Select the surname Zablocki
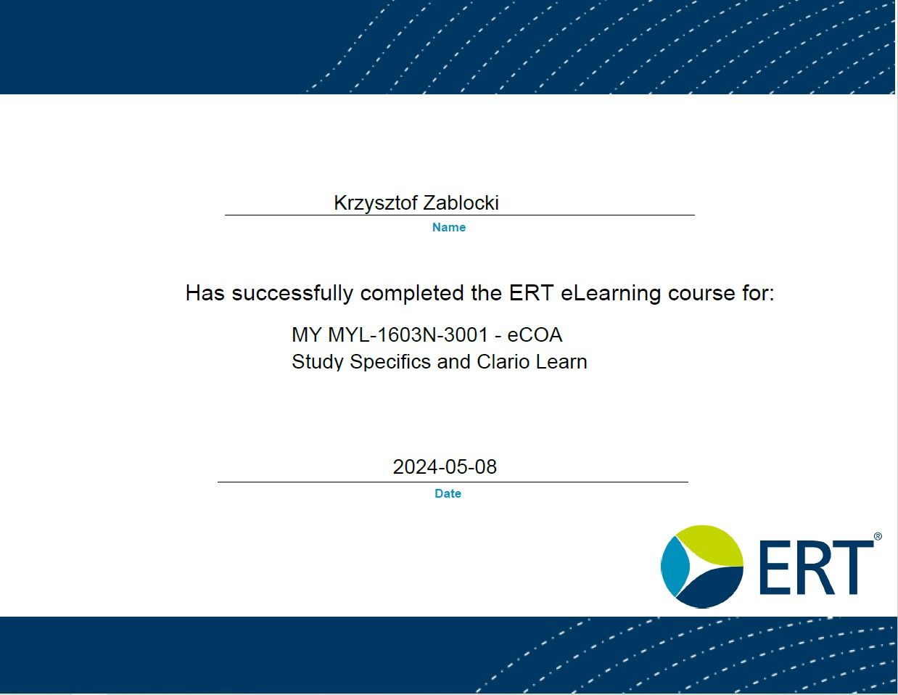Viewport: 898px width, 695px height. [x=461, y=202]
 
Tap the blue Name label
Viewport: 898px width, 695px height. [x=449, y=227]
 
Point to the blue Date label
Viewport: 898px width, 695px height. [x=448, y=493]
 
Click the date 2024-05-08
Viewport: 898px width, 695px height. [x=445, y=467]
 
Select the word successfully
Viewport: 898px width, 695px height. [x=292, y=293]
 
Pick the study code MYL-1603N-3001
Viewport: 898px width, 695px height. [x=408, y=334]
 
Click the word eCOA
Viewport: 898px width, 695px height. [x=535, y=334]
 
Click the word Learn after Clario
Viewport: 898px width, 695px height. [x=561, y=361]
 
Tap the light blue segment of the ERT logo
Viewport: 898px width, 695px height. [x=674, y=567]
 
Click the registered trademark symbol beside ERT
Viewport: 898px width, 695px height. [x=878, y=536]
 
